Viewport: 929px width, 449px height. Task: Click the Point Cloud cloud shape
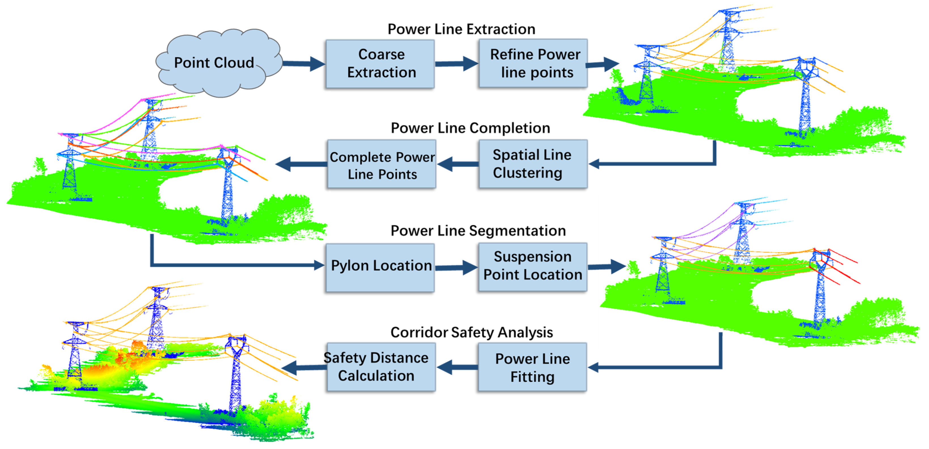tap(216, 63)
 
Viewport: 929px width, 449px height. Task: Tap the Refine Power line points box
tap(533, 64)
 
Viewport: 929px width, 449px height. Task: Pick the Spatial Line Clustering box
tap(533, 164)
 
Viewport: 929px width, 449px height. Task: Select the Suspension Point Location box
tap(532, 266)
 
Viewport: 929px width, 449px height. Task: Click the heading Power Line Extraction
tap(461, 29)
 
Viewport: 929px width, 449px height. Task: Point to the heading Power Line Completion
tap(470, 128)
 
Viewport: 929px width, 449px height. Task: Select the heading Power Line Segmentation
tap(478, 231)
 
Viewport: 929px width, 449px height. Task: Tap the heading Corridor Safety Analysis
tap(471, 332)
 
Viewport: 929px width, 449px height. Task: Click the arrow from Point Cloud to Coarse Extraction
tap(303, 63)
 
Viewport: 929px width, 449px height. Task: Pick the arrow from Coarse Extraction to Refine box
tap(456, 64)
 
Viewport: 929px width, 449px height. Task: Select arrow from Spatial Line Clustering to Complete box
tap(457, 164)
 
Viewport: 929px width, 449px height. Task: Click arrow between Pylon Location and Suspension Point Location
tap(456, 268)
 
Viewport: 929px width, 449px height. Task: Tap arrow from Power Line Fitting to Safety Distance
tap(457, 367)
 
